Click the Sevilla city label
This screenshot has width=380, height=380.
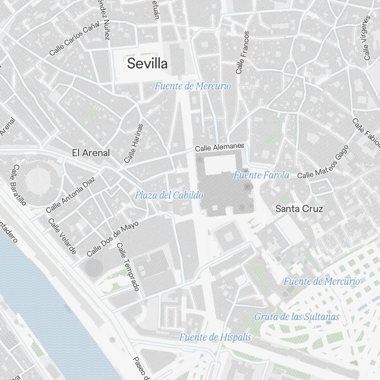tap(147, 63)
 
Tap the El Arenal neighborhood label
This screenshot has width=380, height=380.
tap(91, 153)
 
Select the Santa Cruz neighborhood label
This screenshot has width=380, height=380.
tap(299, 209)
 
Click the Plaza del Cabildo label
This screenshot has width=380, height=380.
tap(169, 196)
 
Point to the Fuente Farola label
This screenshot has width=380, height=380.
tap(261, 175)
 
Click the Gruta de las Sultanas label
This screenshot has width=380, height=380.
tap(296, 317)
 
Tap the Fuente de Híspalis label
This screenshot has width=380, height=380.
tap(215, 337)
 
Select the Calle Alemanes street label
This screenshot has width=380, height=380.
tap(219, 147)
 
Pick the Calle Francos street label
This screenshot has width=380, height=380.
tap(242, 52)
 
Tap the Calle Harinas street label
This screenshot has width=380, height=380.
tap(134, 143)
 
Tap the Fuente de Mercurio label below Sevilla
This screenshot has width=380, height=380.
tap(193, 86)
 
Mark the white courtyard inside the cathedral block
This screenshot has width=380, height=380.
tap(220, 165)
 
